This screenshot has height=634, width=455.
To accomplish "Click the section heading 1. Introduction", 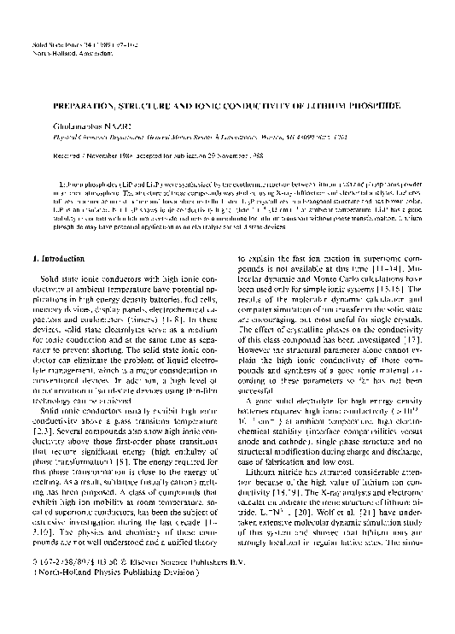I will (62, 256).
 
